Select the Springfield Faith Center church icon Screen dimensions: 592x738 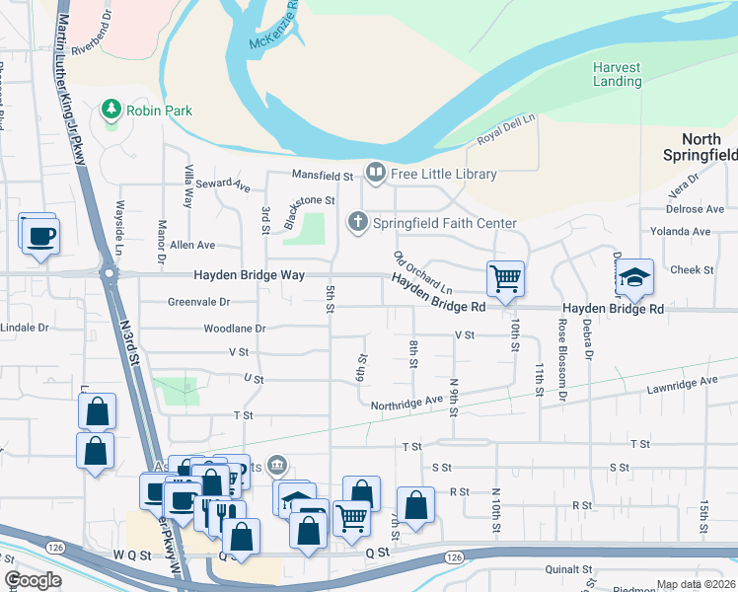point(357,223)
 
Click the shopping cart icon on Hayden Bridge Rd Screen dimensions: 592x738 point(505,278)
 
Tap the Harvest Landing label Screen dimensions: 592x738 point(618,74)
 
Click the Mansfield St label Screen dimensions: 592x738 point(322,176)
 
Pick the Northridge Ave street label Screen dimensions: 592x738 point(406,404)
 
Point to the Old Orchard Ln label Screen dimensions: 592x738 point(422,273)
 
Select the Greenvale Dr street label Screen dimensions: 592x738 point(198,302)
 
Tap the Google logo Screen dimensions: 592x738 point(33,580)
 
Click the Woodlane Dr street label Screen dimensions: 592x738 point(235,328)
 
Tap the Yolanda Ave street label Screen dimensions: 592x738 point(687,231)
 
